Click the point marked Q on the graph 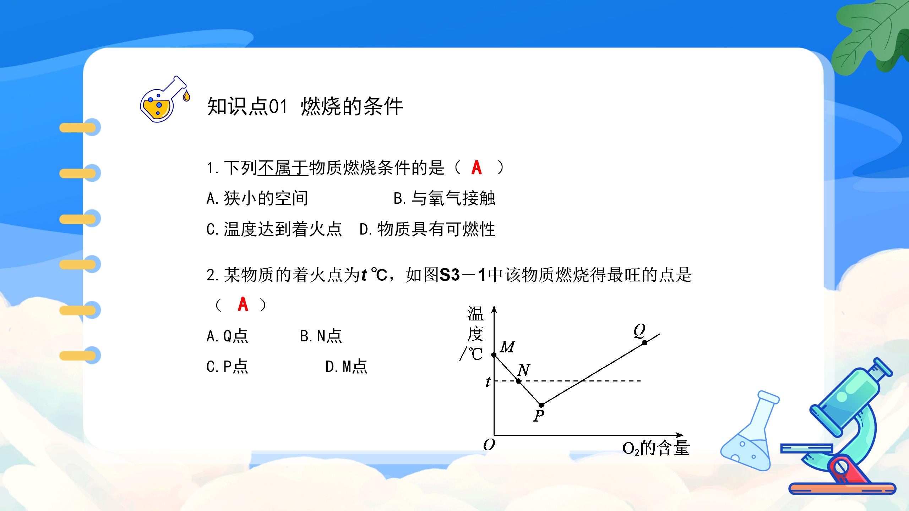645,342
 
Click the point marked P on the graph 541,405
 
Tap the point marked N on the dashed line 519,381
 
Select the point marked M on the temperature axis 494,355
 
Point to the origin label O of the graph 489,445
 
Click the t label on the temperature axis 488,382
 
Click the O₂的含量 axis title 656,448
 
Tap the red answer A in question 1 477,167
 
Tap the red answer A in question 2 243,304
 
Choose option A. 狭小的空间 257,198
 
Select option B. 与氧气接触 444,198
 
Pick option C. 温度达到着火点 274,229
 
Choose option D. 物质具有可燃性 427,229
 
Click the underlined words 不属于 283,168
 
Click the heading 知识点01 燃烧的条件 305,106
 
